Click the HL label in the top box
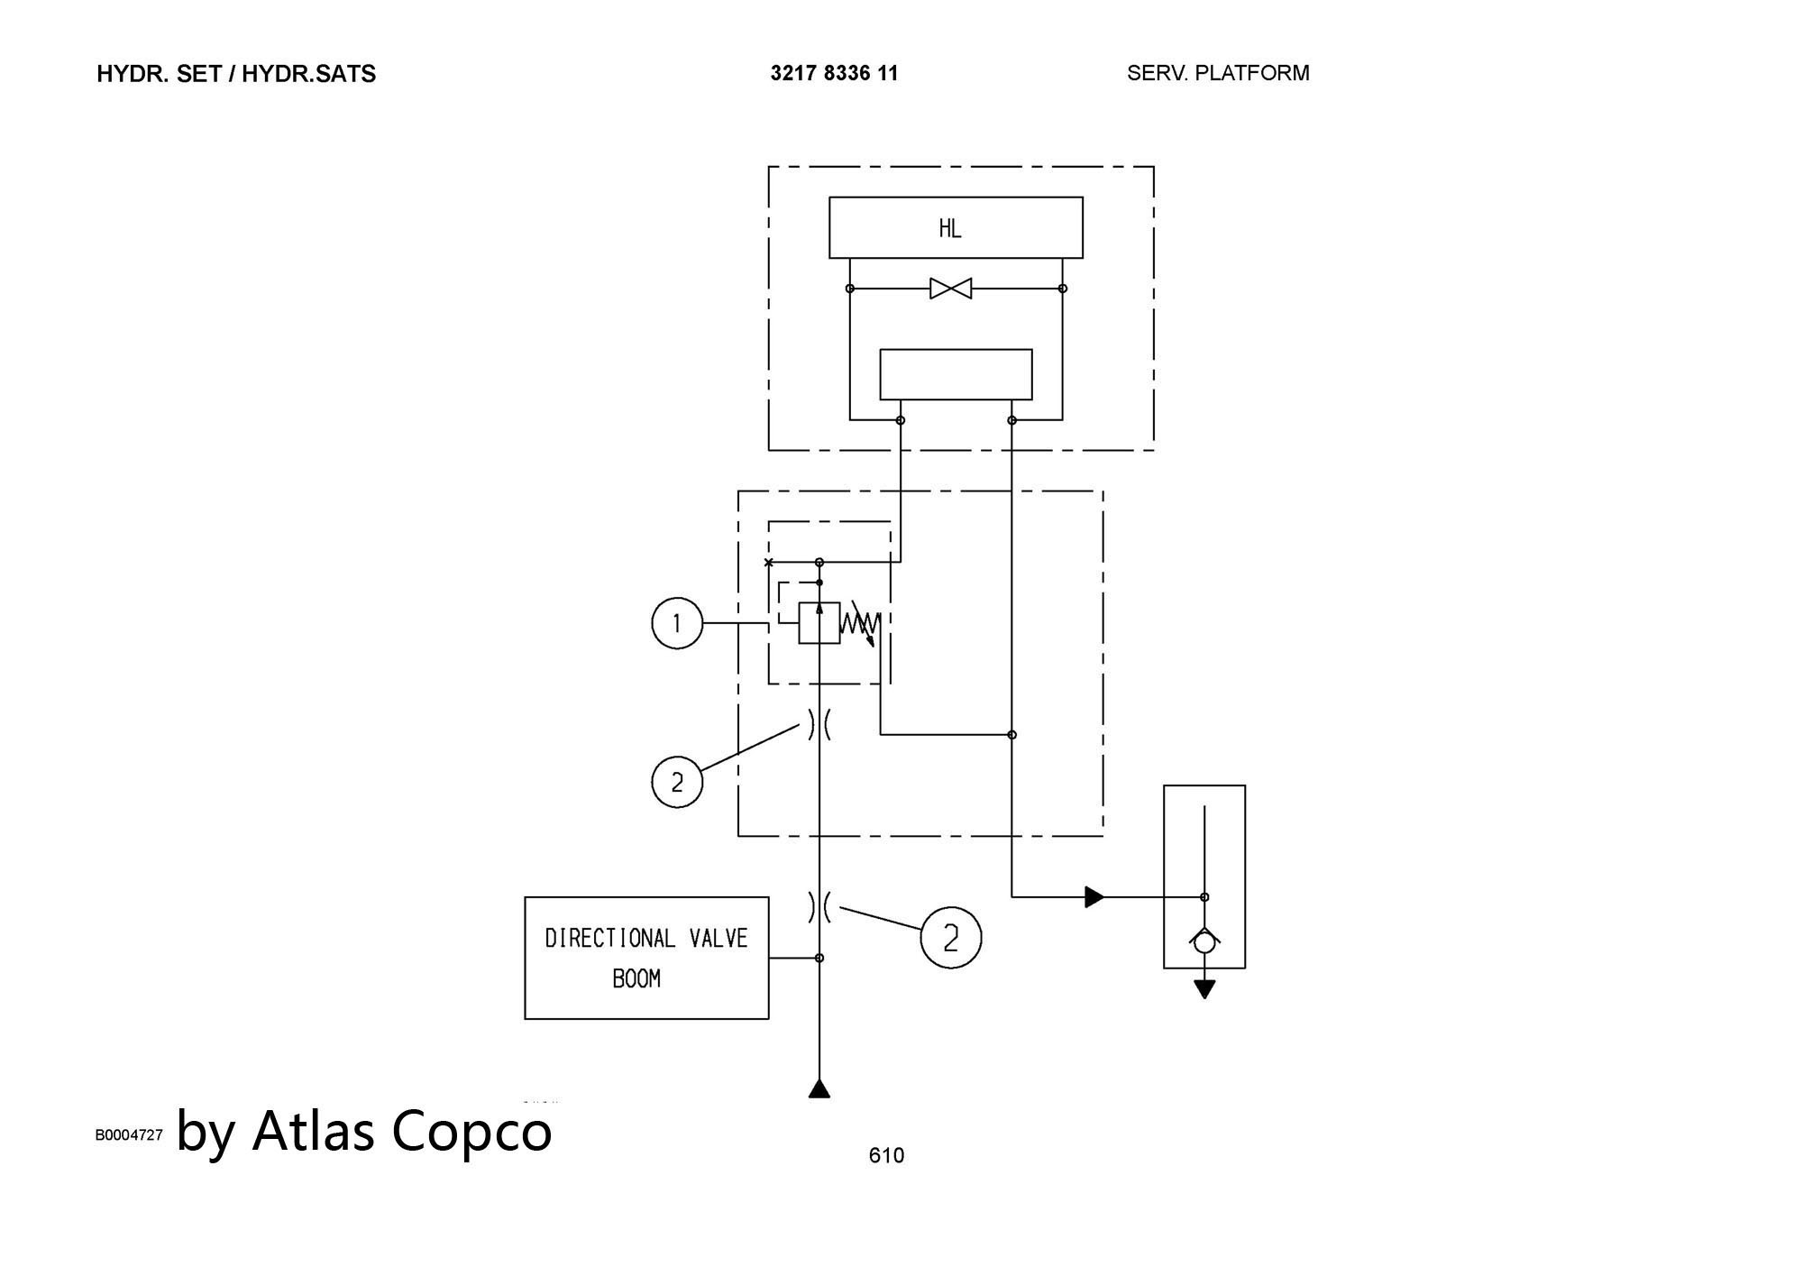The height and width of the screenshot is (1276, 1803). [950, 229]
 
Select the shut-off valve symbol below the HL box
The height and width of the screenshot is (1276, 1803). [951, 289]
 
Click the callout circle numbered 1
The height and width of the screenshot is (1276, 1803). [677, 623]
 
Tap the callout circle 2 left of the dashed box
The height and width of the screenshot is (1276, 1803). [677, 782]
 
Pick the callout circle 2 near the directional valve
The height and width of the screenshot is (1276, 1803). [950, 939]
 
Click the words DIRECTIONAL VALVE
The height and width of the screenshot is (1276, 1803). [646, 939]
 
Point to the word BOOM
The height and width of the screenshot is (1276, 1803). [636, 978]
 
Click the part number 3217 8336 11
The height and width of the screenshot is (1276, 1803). [834, 73]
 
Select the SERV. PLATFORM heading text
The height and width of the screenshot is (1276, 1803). [1218, 73]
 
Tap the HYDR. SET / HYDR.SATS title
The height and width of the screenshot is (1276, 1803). [236, 74]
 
